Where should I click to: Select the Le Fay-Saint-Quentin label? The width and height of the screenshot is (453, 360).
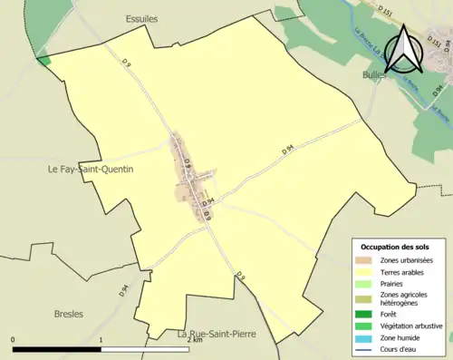[91, 169]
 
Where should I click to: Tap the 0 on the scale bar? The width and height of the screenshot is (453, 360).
[13, 339]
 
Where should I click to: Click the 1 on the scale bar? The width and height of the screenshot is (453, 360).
[101, 339]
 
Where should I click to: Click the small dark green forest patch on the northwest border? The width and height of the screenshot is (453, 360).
[43, 60]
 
